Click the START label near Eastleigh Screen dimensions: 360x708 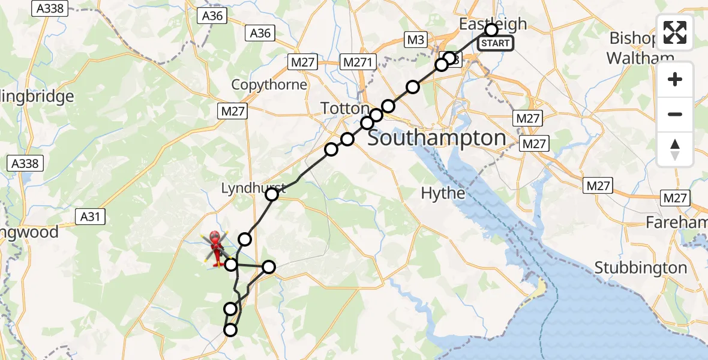tap(496, 43)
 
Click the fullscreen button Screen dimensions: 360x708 tap(675, 32)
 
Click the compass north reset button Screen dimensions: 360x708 tap(675, 149)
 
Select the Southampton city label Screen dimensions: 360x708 tap(437, 138)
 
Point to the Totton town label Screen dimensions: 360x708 tap(345, 109)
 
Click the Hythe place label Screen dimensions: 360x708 tap(443, 193)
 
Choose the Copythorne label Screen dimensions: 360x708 tap(269, 85)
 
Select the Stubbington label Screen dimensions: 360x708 tap(641, 268)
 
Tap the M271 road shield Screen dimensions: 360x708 tap(358, 62)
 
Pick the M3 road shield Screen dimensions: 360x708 tap(415, 40)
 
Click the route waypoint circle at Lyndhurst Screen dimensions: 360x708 tap(272, 194)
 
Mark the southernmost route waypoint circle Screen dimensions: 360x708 tap(230, 329)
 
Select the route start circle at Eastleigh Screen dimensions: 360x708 tap(491, 29)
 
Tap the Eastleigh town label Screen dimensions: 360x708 tap(493, 24)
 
